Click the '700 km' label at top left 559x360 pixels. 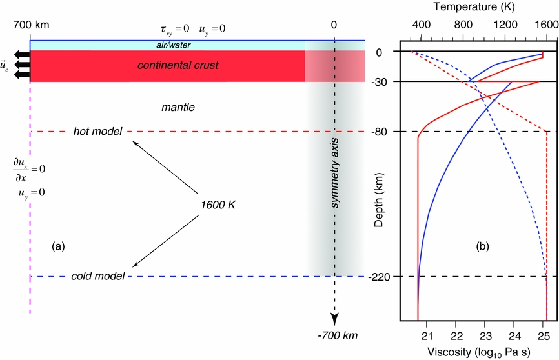pyautogui.click(x=31, y=25)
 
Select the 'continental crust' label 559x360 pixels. pyautogui.click(x=178, y=65)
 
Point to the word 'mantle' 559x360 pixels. pyautogui.click(x=178, y=106)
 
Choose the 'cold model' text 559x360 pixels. pyautogui.click(x=97, y=277)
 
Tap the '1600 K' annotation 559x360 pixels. pyautogui.click(x=218, y=205)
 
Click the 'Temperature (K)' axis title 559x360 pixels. pyautogui.click(x=474, y=8)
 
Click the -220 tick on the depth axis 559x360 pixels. pyautogui.click(x=380, y=277)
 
